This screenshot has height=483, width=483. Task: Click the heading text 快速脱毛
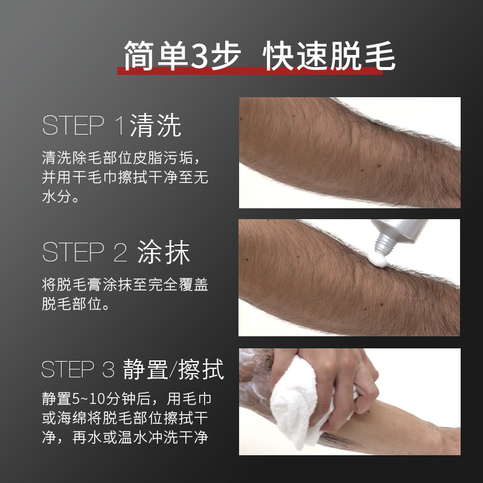[x=330, y=56]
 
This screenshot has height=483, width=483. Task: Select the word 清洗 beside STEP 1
[x=155, y=126]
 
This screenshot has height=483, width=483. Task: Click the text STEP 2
[x=85, y=253]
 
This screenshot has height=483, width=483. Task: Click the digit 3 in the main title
[x=199, y=56]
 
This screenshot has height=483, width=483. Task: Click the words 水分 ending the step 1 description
[x=56, y=197]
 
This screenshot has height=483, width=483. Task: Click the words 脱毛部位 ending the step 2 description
[x=69, y=305]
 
